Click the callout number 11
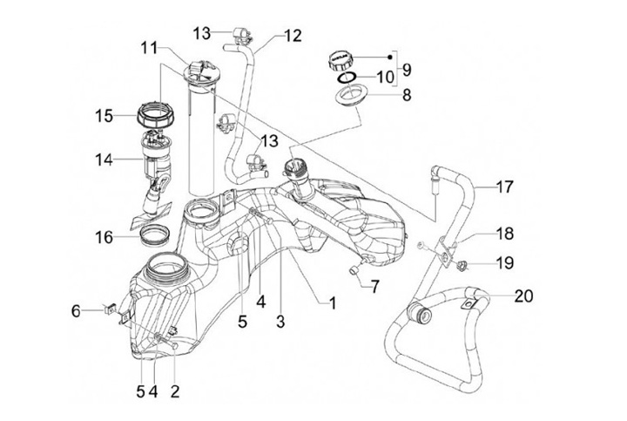coord(149,49)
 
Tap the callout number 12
coord(293,36)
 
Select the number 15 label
coord(104,116)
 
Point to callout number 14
coord(104,160)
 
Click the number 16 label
coord(104,237)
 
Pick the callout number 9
coord(407,70)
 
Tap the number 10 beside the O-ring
coord(386,78)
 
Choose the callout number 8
coord(407,95)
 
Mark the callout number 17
coord(504,187)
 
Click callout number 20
coord(524,296)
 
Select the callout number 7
coord(374,287)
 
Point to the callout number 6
coord(76,311)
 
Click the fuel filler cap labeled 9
coord(341,61)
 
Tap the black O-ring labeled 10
coord(347,78)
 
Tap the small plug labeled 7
coord(354,270)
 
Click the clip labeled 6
coord(110,309)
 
